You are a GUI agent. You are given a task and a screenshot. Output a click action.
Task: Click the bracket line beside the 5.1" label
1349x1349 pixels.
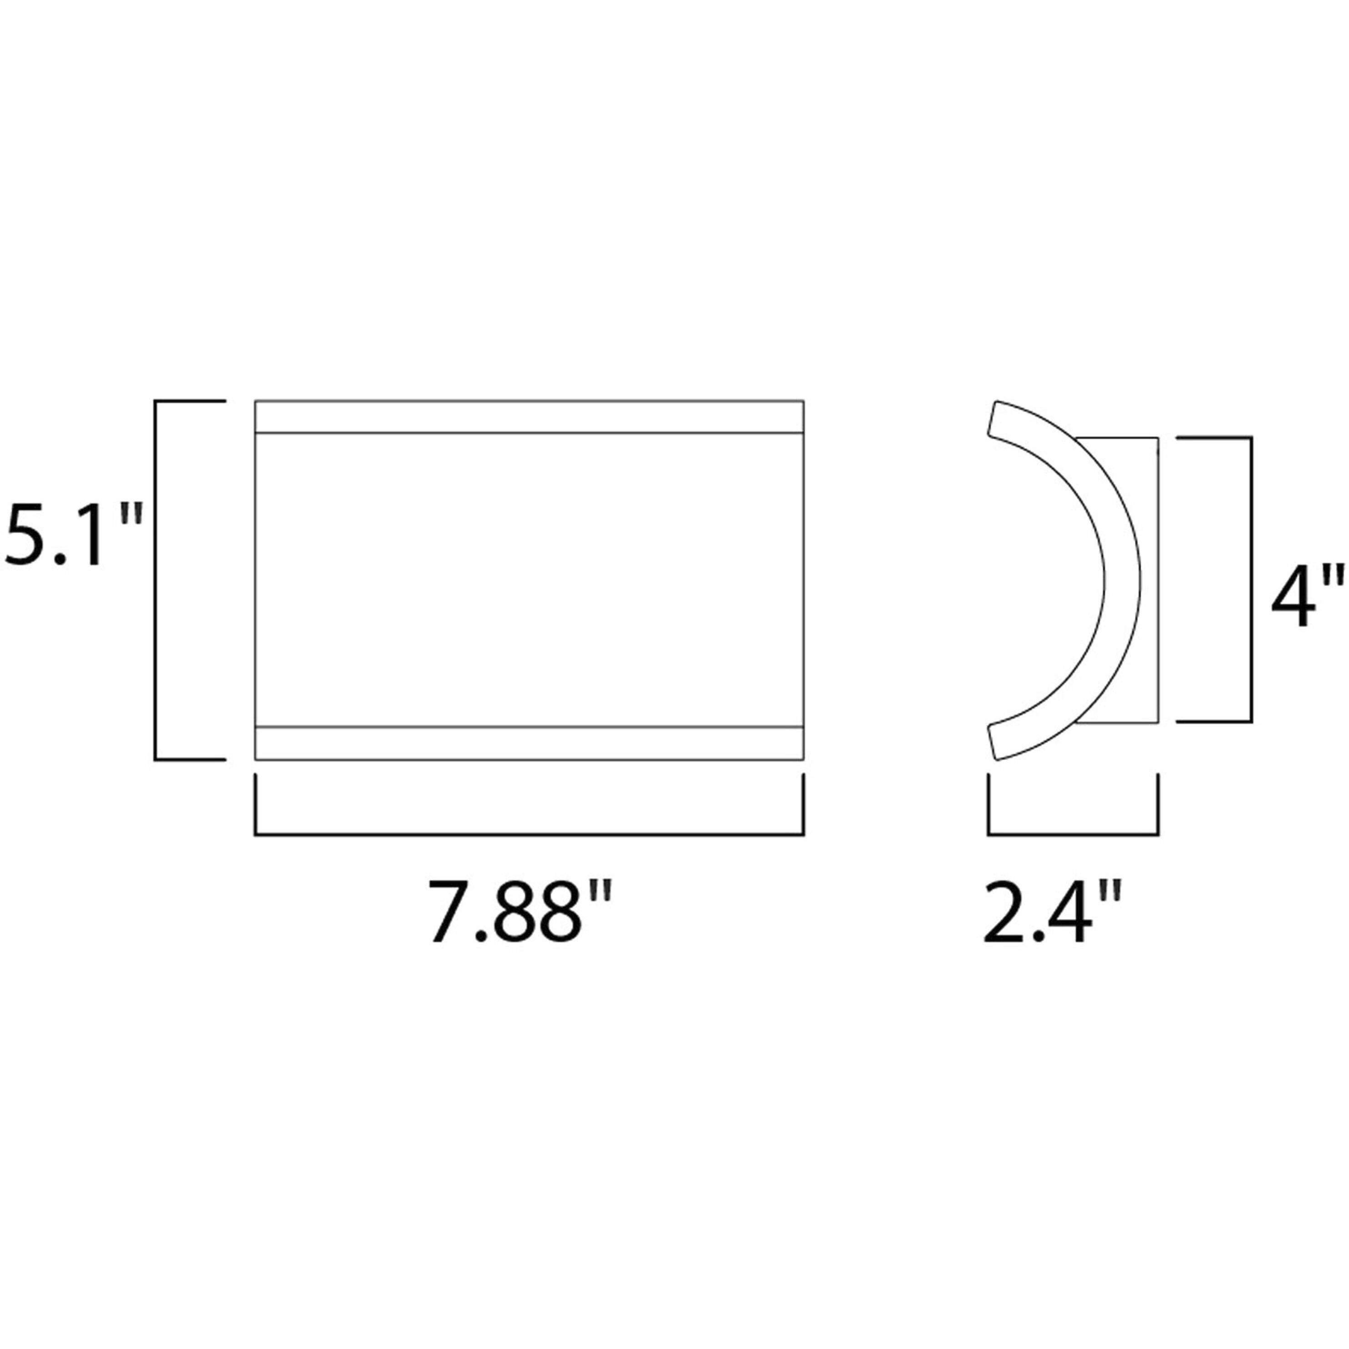155,580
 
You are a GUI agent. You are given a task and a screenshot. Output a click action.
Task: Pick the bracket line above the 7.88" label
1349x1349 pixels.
529,834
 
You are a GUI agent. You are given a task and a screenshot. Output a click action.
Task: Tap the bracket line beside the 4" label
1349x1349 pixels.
1250,580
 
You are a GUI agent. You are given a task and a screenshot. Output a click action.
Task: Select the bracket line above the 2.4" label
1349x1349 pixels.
1073,834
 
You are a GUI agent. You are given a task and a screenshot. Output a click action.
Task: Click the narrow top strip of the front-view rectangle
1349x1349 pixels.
529,417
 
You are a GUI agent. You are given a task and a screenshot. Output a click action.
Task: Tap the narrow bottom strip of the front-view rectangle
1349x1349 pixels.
529,743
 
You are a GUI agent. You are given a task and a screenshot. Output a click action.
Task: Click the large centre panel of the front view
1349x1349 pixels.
529,580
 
